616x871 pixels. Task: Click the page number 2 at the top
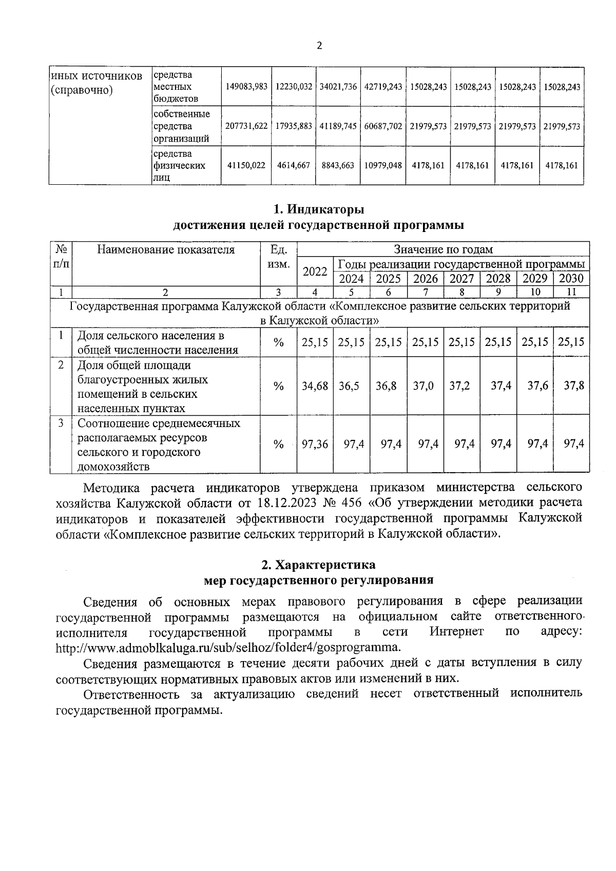coord(319,46)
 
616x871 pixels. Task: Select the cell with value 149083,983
coord(246,87)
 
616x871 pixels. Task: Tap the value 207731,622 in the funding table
coord(246,126)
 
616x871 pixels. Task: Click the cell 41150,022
coord(246,165)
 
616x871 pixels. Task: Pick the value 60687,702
coord(382,126)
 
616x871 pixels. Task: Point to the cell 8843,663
coord(337,165)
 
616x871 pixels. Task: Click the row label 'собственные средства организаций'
coord(181,126)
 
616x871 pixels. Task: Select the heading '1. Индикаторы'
coord(318,209)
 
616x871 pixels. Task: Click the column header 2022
coord(315,272)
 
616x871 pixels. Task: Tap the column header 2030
coord(571,278)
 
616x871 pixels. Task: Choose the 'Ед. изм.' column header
coord(278,257)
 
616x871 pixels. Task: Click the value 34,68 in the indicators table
coord(315,386)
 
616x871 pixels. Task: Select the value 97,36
coord(315,444)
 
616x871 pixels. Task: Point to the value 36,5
coord(349,386)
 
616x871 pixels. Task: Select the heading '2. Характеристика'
coord(318,565)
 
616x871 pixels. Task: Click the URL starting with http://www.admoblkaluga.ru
coord(227,647)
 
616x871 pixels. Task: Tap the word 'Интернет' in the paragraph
coord(456,631)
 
